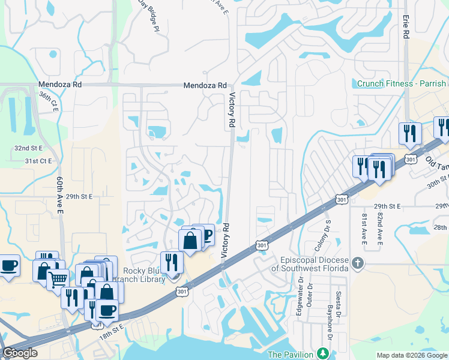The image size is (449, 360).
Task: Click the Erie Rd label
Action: (406, 28)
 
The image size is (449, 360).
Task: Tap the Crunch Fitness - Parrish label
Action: (402, 84)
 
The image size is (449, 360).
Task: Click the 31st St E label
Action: (39, 161)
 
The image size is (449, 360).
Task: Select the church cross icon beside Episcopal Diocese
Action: (358, 262)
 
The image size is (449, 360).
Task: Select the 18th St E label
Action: (112, 332)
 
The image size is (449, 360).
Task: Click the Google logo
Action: (20, 353)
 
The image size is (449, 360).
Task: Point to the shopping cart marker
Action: (58, 280)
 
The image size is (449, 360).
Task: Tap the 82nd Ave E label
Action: (380, 229)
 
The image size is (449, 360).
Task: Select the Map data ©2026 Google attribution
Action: (412, 355)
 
